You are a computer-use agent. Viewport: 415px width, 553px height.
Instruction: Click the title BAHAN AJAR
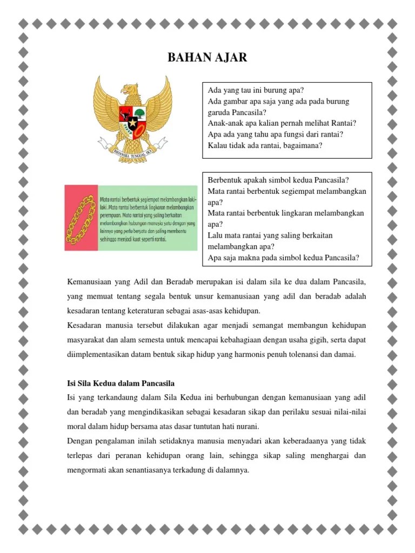[x=207, y=57]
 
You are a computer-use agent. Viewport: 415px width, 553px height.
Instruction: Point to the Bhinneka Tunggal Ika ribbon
[x=132, y=153]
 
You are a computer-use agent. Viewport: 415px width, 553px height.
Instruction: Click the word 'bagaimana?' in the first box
[x=302, y=145]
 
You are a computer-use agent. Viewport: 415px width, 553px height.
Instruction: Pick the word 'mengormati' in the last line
[x=86, y=470]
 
